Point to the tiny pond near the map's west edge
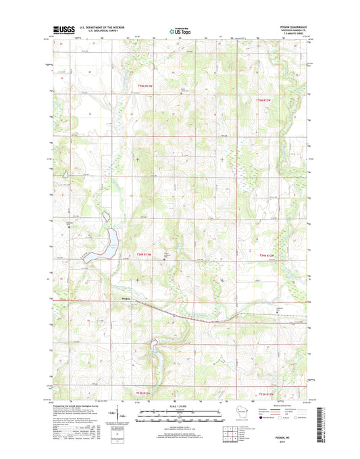(x=66, y=174)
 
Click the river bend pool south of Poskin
(x=155, y=348)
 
